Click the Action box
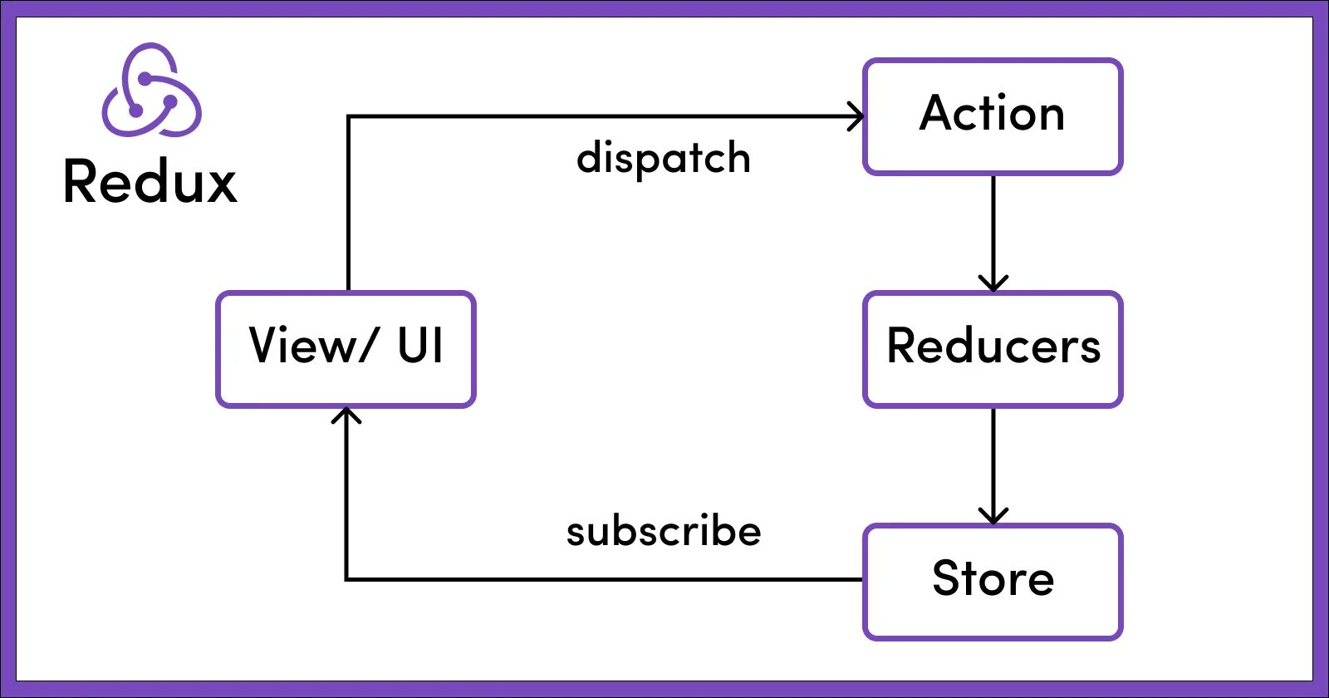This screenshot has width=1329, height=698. pos(993,116)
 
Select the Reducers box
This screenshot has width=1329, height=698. pos(993,349)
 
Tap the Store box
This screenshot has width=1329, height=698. pos(993,582)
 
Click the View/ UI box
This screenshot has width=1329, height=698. pos(346,349)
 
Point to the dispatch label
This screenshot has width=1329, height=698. pos(663,158)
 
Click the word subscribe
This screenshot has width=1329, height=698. pos(663,532)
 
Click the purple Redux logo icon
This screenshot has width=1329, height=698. pos(151,91)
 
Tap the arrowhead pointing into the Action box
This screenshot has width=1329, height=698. pos(856,116)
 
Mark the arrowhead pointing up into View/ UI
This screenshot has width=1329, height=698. pos(346,415)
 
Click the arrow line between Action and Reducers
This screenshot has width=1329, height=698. pos(993,224)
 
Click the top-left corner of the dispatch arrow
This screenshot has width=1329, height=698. pos(348,117)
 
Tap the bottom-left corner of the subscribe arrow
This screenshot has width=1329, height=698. pos(346,578)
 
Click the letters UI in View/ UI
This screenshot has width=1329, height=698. pos(420,346)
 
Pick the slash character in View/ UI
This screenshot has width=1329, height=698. pos(366,346)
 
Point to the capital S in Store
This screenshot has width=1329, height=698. pos(948,578)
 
